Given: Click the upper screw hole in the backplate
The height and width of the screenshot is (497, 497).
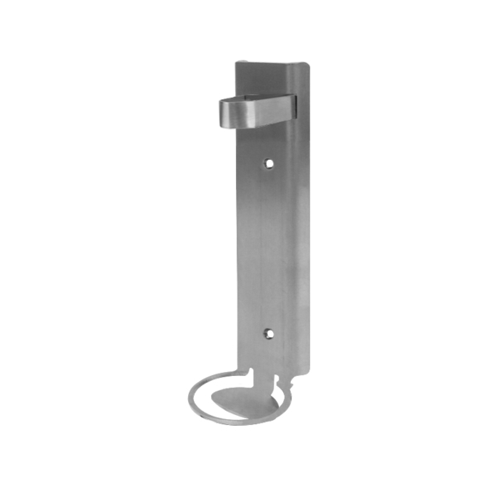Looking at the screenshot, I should point(268,163).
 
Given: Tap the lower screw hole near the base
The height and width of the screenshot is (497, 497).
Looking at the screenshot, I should point(268,333).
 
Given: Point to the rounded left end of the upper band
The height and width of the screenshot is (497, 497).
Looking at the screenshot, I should point(223,112).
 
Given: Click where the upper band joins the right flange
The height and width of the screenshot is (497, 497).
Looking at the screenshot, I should point(292,104).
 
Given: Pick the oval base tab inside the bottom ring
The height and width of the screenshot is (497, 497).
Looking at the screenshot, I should point(240,404).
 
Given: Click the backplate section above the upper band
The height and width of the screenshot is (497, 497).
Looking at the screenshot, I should point(263,79).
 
